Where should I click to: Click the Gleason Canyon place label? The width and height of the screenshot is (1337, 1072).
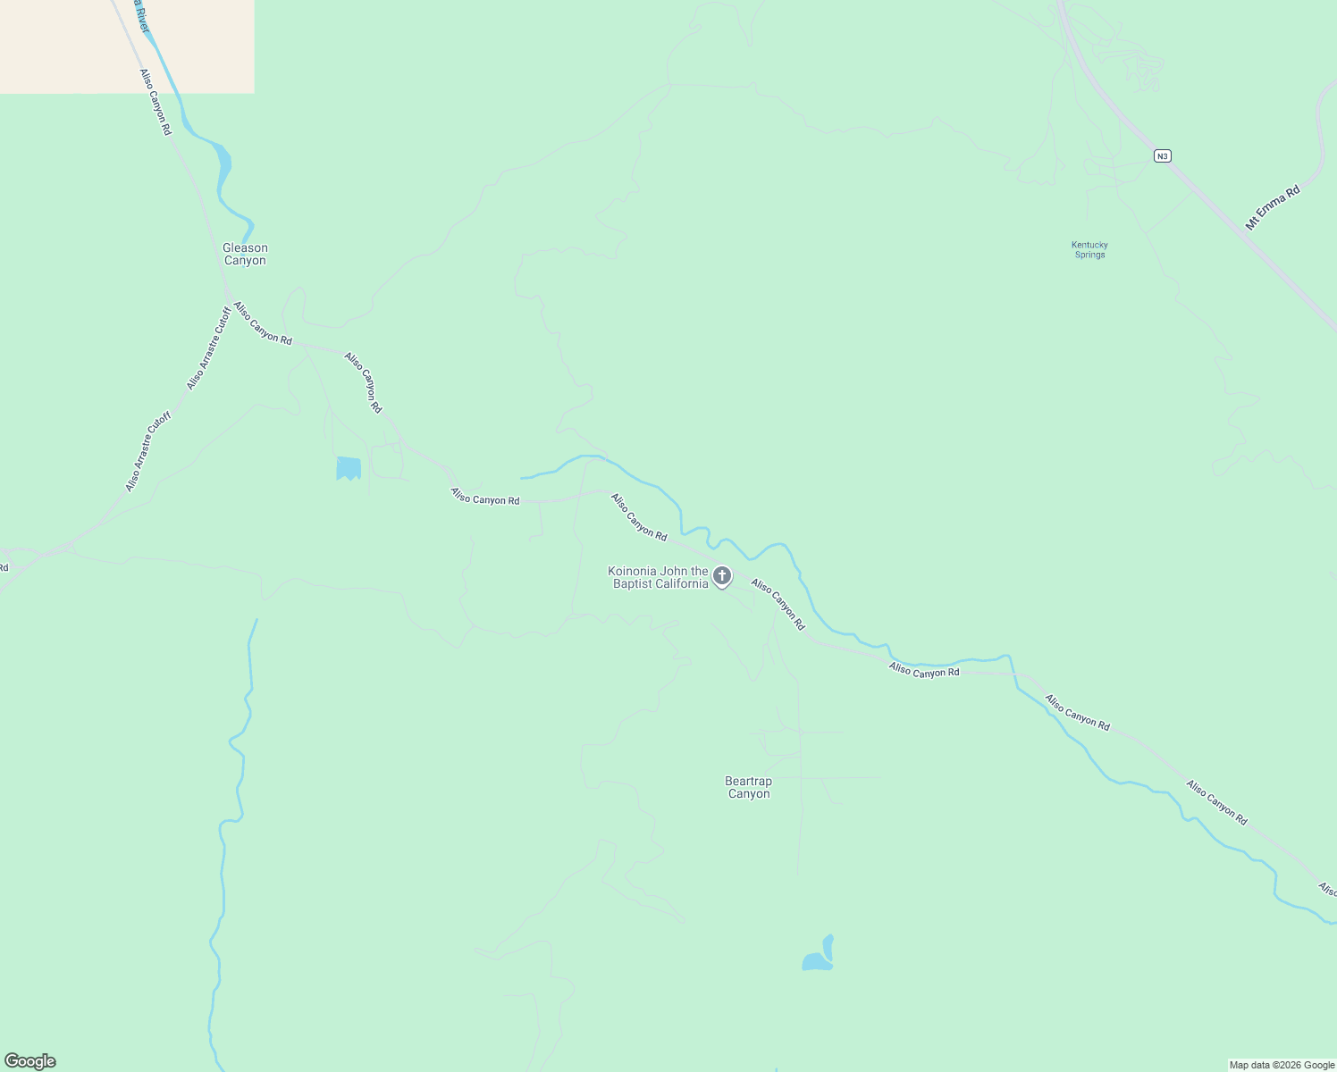pyautogui.click(x=245, y=254)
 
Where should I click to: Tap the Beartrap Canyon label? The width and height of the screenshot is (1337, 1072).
pyautogui.click(x=748, y=787)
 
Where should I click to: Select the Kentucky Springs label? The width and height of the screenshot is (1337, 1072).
pyautogui.click(x=1089, y=249)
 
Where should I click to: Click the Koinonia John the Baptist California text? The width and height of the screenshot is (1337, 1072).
pyautogui.click(x=659, y=577)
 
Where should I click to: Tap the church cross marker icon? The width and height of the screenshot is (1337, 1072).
pyautogui.click(x=722, y=576)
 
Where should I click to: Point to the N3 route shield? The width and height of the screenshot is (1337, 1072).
pyautogui.click(x=1161, y=156)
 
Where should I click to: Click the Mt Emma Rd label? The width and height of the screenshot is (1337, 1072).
pyautogui.click(x=1273, y=208)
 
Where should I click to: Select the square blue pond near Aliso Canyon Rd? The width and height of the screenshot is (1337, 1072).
pyautogui.click(x=349, y=467)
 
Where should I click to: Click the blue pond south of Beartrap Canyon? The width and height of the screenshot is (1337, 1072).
pyautogui.click(x=819, y=957)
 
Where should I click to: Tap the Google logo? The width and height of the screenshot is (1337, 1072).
pyautogui.click(x=30, y=1061)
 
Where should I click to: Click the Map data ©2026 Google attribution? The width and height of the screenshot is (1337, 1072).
pyautogui.click(x=1282, y=1065)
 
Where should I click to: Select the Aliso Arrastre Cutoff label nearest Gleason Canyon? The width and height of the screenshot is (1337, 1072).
pyautogui.click(x=207, y=348)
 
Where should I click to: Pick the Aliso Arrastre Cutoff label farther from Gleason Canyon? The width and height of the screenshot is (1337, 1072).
pyautogui.click(x=147, y=451)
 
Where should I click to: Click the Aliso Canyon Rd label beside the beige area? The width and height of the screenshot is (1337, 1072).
pyautogui.click(x=155, y=102)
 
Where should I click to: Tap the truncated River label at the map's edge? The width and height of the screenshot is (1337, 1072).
pyautogui.click(x=140, y=13)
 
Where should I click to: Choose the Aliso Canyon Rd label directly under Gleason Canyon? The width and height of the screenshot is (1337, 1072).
pyautogui.click(x=263, y=323)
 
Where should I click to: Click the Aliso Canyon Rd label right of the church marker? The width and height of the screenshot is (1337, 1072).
pyautogui.click(x=778, y=604)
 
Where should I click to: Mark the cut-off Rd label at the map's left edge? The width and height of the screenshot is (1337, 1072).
pyautogui.click(x=4, y=567)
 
